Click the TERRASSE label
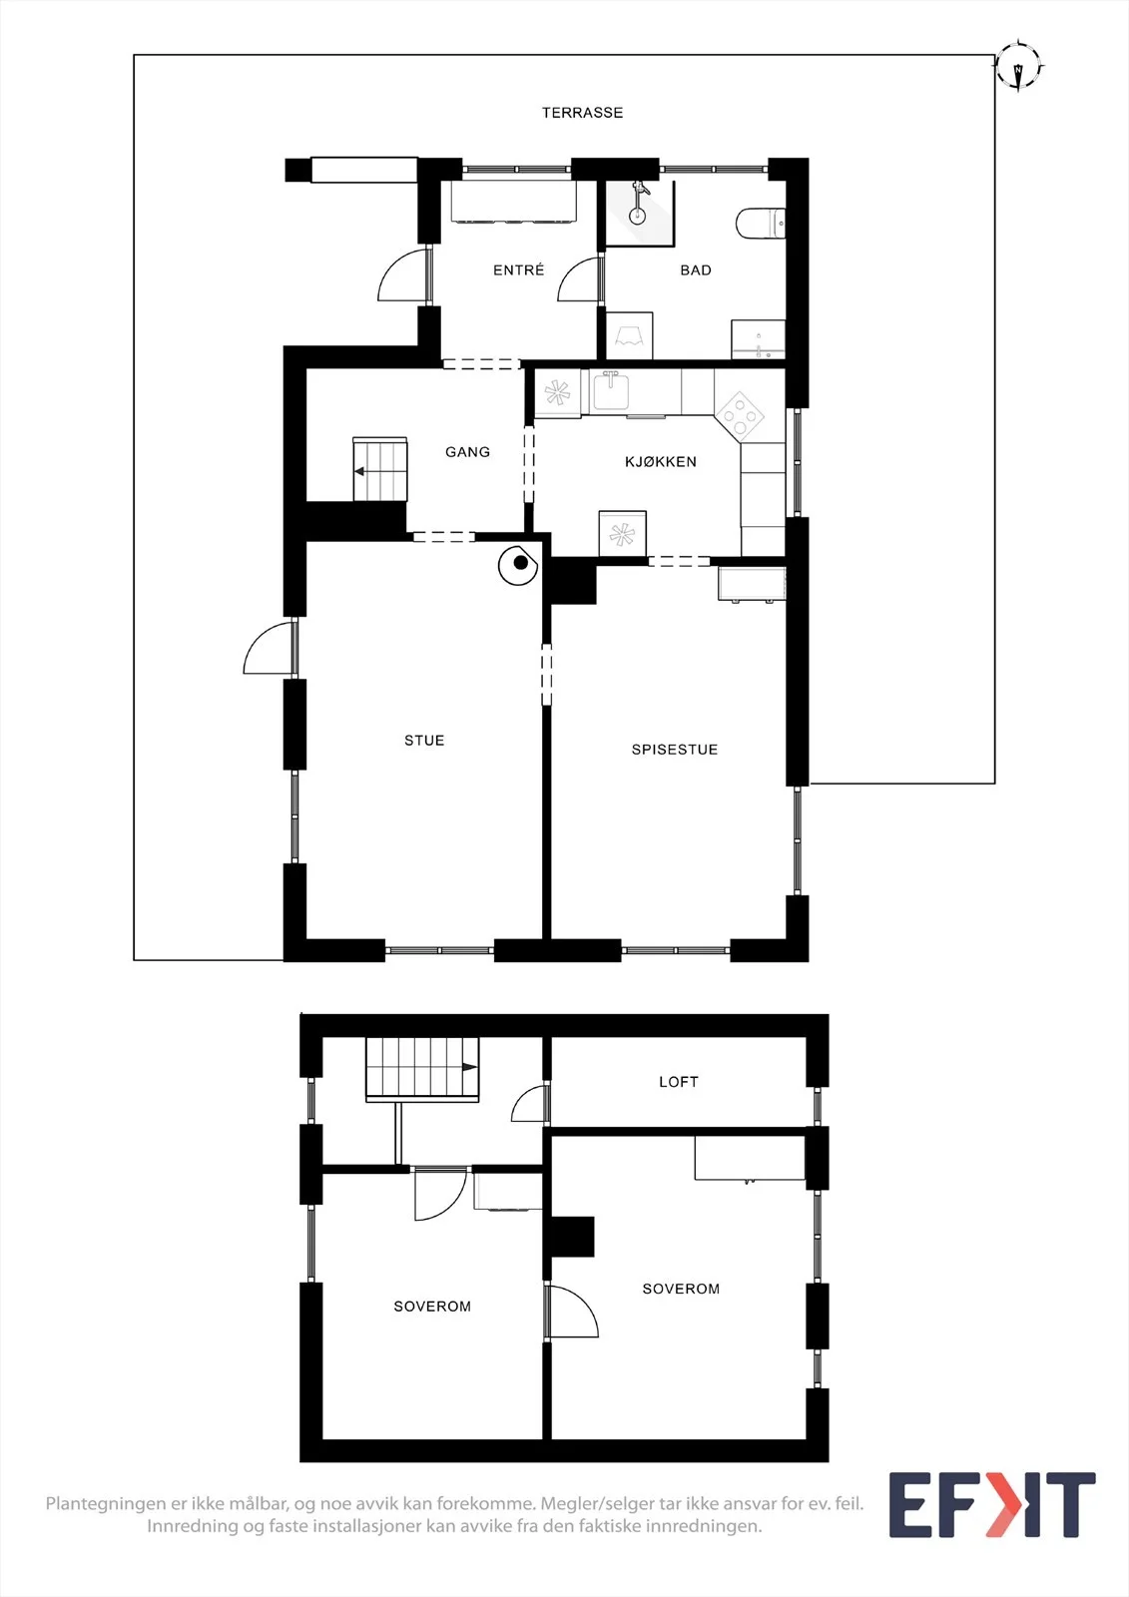582,113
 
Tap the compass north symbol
1019,66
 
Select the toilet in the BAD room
761,224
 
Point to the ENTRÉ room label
518,269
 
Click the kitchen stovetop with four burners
741,414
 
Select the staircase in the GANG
380,469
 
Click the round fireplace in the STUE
518,565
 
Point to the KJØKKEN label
661,462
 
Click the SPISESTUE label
675,750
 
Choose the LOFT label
678,1082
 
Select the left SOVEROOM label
432,1307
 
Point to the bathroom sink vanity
758,339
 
